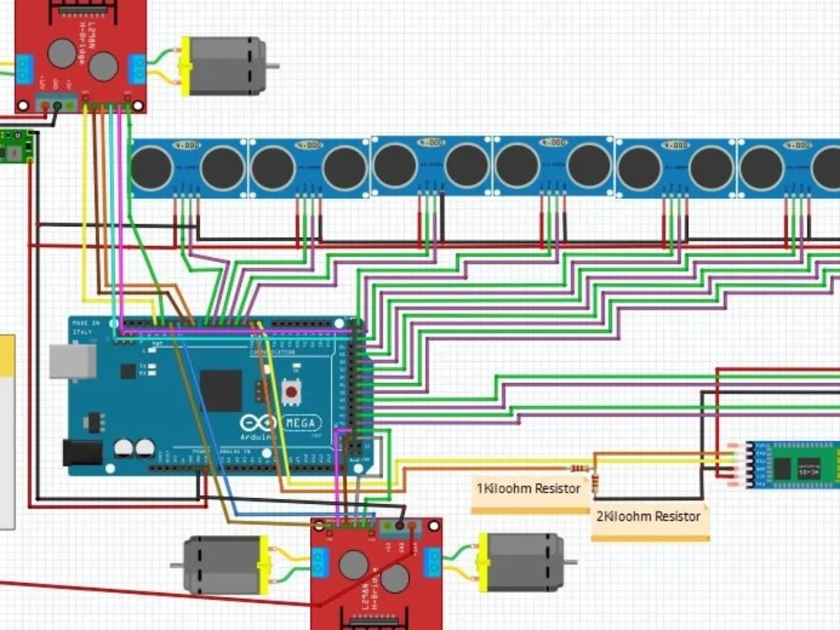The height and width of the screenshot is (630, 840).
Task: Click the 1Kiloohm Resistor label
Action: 528,488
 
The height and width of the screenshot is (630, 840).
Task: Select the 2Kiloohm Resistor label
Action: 648,516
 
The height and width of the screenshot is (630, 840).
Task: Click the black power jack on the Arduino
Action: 82,453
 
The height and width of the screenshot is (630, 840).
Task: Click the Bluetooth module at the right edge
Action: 793,465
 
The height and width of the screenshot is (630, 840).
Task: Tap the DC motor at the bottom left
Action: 223,564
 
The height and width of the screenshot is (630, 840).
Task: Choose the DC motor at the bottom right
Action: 522,561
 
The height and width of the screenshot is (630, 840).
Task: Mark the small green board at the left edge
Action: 16,145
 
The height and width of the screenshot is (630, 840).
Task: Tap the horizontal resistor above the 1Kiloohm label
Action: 580,467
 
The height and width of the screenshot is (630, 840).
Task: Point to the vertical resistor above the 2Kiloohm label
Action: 595,482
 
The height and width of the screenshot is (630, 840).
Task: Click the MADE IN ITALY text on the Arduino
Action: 86,328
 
